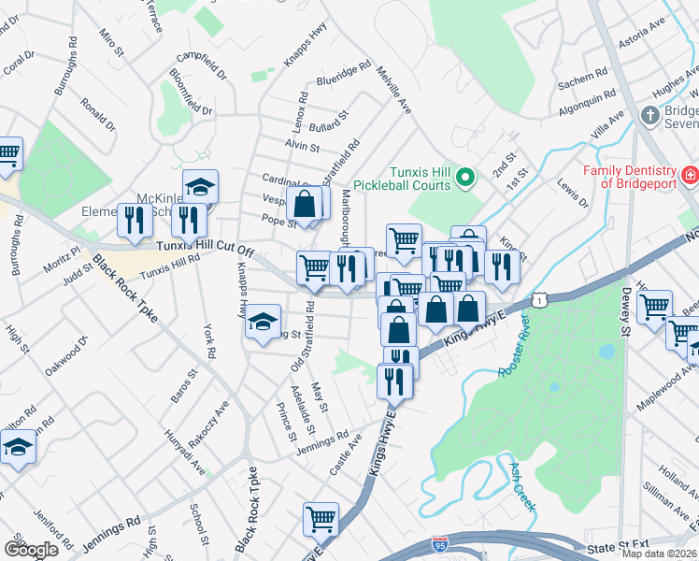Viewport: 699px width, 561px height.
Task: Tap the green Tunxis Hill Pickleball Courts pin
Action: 470,177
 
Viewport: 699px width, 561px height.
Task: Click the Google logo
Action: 32,549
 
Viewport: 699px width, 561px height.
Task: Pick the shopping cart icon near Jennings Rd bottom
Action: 321,517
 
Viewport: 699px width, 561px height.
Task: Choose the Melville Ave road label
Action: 392,91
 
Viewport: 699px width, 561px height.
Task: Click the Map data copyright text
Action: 659,554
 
